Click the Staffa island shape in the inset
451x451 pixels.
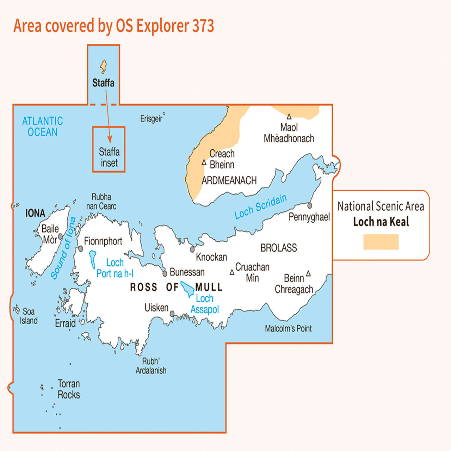click(103, 66)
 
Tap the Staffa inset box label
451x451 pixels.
click(109, 157)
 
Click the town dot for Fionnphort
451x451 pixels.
click(81, 249)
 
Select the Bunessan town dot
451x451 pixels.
click(165, 273)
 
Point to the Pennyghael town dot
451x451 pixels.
click(310, 205)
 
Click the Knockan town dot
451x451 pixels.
click(192, 249)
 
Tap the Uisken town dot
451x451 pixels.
click(172, 313)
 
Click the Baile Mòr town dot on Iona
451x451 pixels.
click(60, 236)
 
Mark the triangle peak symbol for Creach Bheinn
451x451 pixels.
click(204, 162)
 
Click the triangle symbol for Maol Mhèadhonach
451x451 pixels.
click(289, 117)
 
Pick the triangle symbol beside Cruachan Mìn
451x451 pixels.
click(232, 272)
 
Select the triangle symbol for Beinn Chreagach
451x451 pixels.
click(308, 273)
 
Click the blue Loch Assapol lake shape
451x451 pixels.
click(187, 289)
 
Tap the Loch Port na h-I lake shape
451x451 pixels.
click(93, 259)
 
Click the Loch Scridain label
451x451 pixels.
click(261, 207)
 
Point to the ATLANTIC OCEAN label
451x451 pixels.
click(43, 126)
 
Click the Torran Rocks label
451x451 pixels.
click(69, 389)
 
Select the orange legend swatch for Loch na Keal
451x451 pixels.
click(381, 242)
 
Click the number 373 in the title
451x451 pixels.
click(203, 26)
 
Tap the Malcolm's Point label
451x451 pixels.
click(288, 328)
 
